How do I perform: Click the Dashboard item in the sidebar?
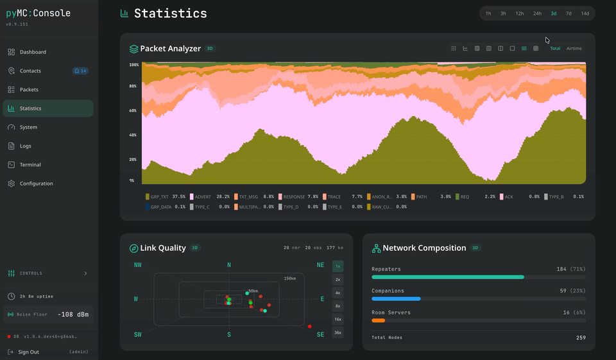(x=33, y=52)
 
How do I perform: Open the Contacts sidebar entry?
(x=30, y=71)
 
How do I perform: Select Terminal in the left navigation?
(x=30, y=165)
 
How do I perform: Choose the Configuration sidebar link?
(x=36, y=184)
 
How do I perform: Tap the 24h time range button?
(x=537, y=13)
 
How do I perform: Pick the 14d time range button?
(x=585, y=13)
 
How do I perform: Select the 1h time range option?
(x=488, y=13)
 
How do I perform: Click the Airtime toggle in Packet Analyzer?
(x=574, y=48)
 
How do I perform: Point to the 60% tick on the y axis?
(x=133, y=110)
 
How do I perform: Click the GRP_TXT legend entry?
(x=159, y=196)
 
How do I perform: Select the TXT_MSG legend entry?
(x=248, y=196)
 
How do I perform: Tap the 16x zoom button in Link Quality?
(x=338, y=319)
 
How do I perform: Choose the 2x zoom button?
(x=338, y=279)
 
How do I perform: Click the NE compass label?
(x=320, y=265)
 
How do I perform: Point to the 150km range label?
(x=290, y=279)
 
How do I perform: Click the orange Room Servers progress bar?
(x=378, y=320)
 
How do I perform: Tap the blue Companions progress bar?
(x=396, y=298)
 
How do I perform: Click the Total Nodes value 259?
(x=581, y=337)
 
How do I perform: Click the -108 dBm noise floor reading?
(x=73, y=314)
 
